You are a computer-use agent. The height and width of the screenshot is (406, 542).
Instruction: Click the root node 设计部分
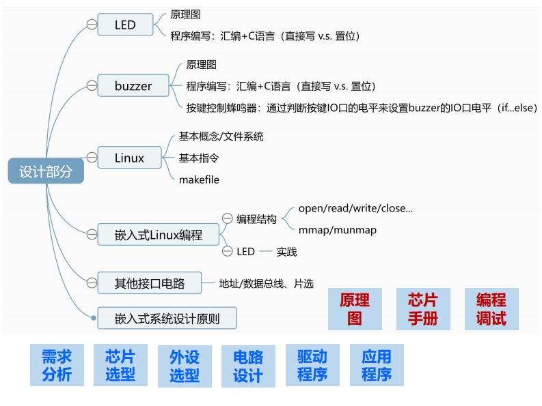click(x=45, y=171)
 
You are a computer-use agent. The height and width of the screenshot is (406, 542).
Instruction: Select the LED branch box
click(x=125, y=25)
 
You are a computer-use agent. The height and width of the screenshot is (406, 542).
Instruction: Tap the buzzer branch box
click(x=133, y=86)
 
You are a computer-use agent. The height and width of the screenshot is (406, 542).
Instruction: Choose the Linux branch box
click(x=129, y=158)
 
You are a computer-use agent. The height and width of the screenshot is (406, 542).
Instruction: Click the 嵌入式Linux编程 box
click(x=159, y=235)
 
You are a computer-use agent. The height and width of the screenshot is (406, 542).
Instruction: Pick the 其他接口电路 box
click(x=150, y=282)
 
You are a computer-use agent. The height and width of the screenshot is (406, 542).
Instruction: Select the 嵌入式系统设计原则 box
click(x=167, y=318)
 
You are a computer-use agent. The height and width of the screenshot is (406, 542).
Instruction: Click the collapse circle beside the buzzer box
click(x=91, y=86)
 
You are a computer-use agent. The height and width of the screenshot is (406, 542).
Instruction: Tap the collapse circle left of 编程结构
click(x=228, y=219)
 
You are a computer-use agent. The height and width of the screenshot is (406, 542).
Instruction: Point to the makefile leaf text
click(x=199, y=179)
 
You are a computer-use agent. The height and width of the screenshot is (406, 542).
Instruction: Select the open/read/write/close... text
click(x=355, y=208)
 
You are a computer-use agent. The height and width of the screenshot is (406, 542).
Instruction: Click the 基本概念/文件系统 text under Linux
click(x=221, y=136)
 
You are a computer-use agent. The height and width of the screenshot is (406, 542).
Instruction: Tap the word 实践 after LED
click(x=286, y=252)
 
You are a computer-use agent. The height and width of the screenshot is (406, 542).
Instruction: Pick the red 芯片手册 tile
click(x=423, y=309)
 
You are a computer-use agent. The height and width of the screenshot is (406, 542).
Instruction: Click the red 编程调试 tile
click(x=491, y=309)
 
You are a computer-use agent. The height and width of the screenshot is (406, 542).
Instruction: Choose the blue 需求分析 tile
click(x=57, y=365)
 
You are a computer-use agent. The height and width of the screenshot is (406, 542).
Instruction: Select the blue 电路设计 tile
click(x=248, y=366)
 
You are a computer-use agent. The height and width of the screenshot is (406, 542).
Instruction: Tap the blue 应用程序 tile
click(x=377, y=365)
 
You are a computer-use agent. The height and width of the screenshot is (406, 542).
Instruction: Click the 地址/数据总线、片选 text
click(x=266, y=282)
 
